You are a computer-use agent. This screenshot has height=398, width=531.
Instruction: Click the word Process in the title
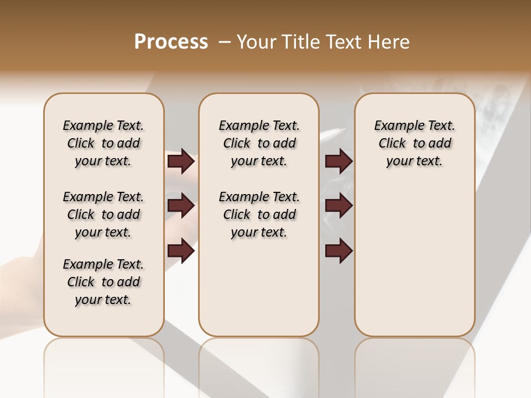coord(171,42)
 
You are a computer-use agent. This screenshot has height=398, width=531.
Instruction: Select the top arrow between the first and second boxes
coord(181,161)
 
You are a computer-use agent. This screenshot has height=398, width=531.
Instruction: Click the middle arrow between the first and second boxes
coord(181,206)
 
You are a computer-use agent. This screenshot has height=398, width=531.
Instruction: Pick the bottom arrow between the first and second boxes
coord(181,250)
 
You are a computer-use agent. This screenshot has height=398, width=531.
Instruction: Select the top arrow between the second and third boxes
coord(339,161)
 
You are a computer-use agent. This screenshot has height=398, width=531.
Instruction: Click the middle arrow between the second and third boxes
coord(339,206)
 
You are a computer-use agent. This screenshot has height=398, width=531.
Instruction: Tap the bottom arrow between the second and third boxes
coord(339,250)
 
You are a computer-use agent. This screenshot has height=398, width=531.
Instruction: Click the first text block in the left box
coord(103,143)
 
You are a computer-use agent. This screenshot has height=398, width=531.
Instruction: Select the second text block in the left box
coord(103,214)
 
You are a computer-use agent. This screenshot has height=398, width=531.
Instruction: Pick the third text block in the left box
coord(103,282)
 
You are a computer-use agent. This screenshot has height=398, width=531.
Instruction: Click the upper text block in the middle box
coord(259,143)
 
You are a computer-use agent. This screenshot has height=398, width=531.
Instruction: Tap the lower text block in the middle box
coord(259,214)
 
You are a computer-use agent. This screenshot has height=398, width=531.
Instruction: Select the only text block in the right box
coord(414,143)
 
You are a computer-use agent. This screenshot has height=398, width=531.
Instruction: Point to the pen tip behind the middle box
coord(343,130)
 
